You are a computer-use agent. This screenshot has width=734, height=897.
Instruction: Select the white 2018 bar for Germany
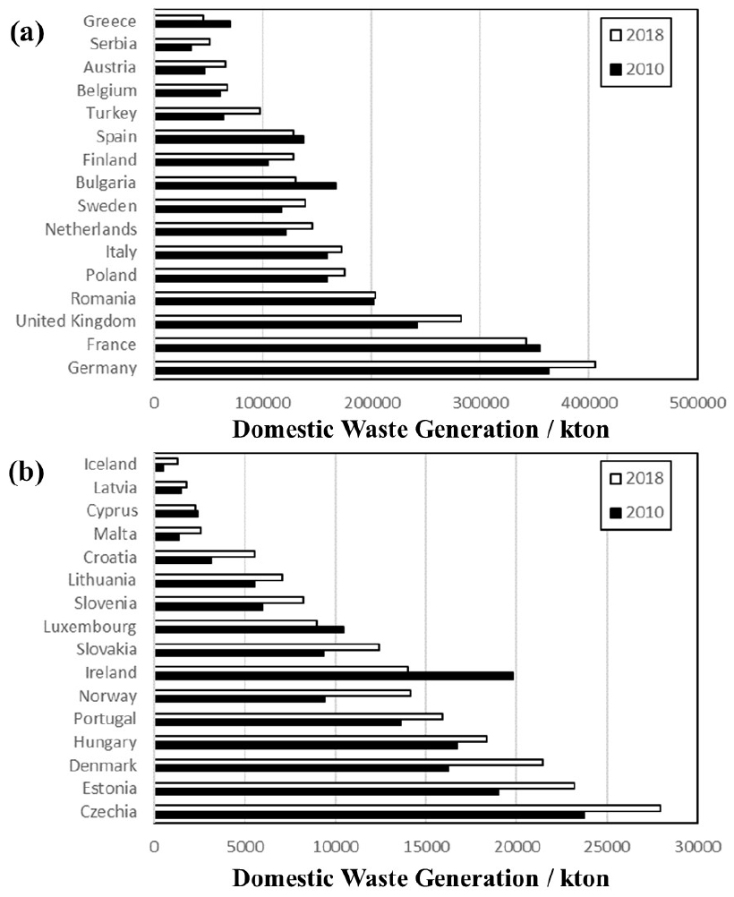[x=375, y=363]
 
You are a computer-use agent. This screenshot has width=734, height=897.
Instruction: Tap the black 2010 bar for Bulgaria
[x=245, y=185]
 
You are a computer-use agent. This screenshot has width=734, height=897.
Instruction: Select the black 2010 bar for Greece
[x=192, y=23]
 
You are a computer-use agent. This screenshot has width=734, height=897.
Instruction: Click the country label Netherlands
[x=91, y=229]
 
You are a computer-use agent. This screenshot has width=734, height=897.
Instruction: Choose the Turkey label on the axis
[x=112, y=113]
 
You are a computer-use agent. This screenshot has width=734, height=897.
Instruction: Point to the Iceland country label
[x=110, y=464]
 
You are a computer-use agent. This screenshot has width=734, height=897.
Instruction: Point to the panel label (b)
[x=28, y=472]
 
